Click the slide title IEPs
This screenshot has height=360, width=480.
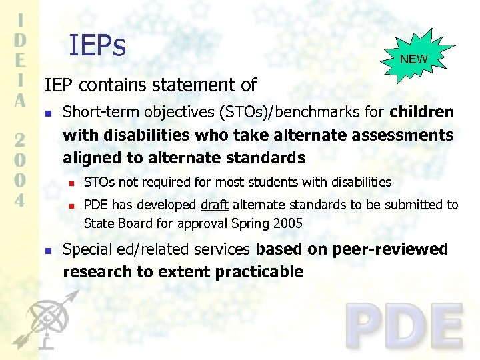point(97,45)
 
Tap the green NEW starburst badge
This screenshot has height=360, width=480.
point(414,59)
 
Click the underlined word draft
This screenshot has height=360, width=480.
point(214,205)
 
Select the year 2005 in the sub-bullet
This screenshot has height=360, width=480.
point(287,223)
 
